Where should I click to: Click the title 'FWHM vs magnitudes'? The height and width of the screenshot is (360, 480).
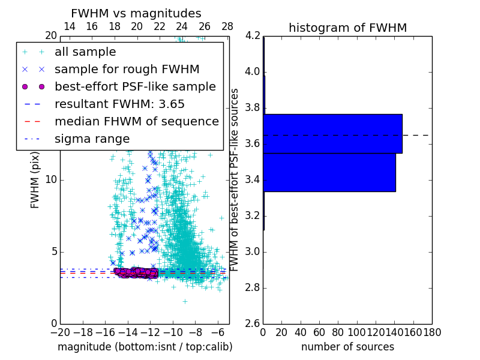coord(136,13)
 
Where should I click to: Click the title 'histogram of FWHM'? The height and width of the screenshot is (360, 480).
coord(347,28)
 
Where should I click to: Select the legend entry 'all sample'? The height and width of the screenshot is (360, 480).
coord(85,52)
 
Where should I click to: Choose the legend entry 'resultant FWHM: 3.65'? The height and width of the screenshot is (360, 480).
coord(119,104)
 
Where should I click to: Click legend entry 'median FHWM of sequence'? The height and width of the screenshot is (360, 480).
coord(136,121)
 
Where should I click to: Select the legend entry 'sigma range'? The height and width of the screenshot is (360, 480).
coord(92,139)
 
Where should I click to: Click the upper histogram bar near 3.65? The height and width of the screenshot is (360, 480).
coord(332,133)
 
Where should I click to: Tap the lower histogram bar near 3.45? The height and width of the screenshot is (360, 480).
coord(329,172)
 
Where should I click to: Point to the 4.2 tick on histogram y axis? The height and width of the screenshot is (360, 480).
coord(253,36)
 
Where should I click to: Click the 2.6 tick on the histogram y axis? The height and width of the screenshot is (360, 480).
coord(253,323)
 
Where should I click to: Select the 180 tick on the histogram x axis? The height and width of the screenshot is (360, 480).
coord(431,332)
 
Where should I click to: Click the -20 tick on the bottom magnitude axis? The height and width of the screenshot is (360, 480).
coord(60,332)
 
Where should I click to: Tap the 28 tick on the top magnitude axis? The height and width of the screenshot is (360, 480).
coord(227,26)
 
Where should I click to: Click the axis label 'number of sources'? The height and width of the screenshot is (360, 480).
coord(347,347)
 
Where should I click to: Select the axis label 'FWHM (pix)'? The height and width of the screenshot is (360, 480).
coord(35,180)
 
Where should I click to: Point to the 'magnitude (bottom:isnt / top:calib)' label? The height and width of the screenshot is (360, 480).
coord(145,347)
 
